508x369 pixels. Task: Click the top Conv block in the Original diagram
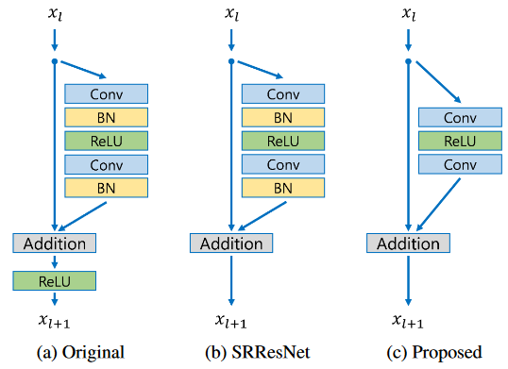click(x=106, y=94)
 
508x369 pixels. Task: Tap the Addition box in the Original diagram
click(x=54, y=243)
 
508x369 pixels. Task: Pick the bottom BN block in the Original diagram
click(x=106, y=187)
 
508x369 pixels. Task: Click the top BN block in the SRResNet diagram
click(x=282, y=118)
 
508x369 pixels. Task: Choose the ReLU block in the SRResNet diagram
click(x=282, y=141)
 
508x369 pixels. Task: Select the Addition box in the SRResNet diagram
click(x=231, y=243)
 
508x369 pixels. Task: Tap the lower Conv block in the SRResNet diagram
click(x=282, y=164)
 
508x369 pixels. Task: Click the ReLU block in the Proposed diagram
click(x=459, y=141)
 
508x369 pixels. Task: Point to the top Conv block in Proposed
click(x=459, y=118)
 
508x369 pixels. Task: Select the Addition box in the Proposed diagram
click(x=408, y=243)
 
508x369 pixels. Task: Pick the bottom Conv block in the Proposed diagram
click(x=459, y=164)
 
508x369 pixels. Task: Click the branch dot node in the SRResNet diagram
click(x=231, y=61)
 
